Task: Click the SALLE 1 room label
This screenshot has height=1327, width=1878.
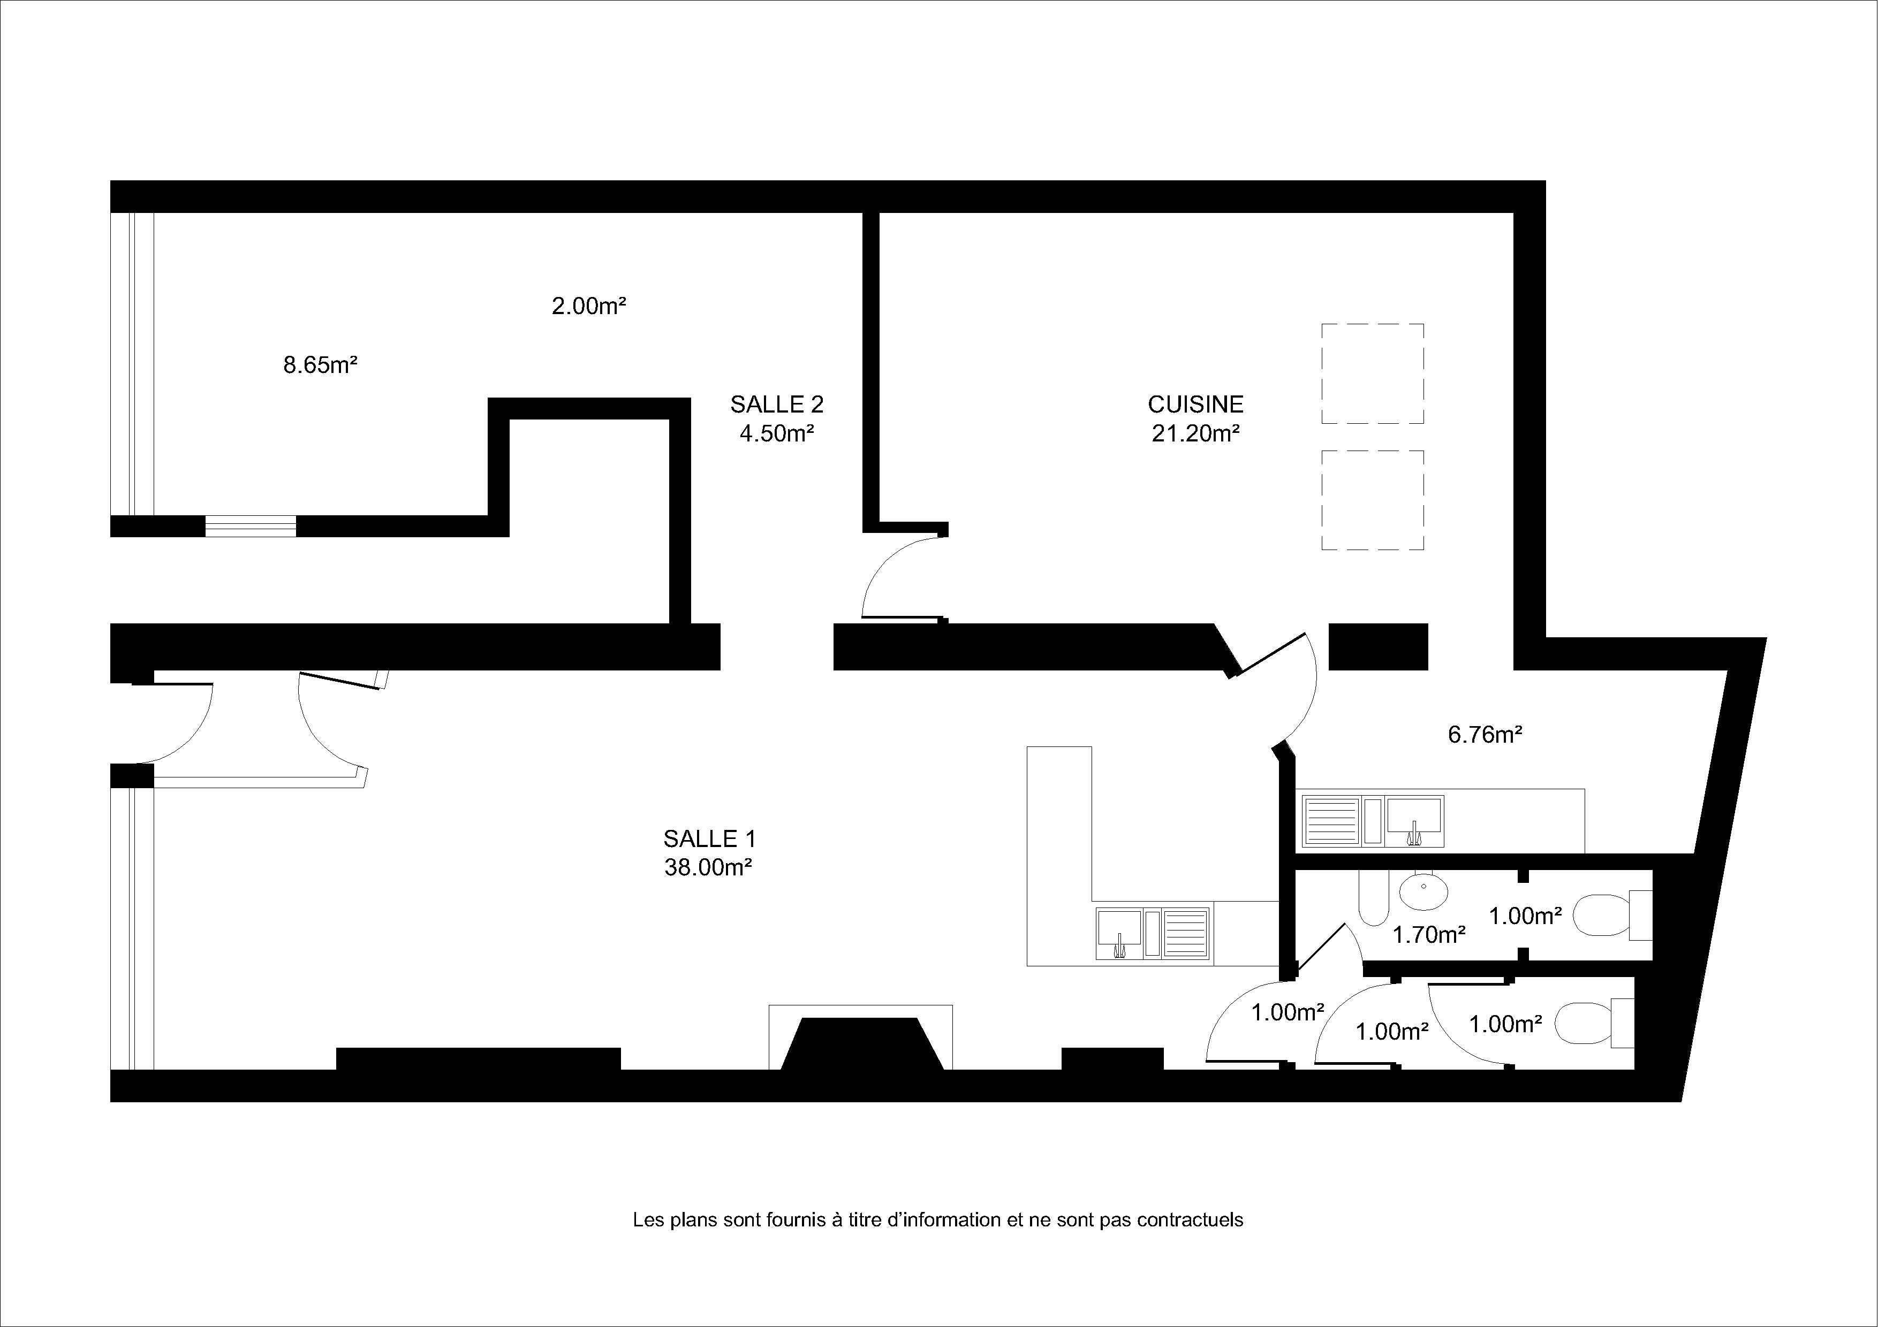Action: (x=709, y=839)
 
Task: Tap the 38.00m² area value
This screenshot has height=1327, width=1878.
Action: (x=708, y=867)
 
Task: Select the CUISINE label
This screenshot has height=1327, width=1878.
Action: (x=1196, y=404)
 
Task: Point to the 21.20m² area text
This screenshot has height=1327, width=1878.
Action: (x=1196, y=433)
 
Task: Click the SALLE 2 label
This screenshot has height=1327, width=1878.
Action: (x=777, y=404)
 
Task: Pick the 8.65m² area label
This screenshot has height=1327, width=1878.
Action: (x=321, y=365)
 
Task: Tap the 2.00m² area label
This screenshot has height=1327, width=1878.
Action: (x=589, y=306)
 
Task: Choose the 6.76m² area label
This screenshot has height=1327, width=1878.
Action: (x=1486, y=734)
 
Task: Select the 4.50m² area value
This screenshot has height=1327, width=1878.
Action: (x=777, y=433)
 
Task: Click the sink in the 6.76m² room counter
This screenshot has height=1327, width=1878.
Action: (x=1414, y=821)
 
